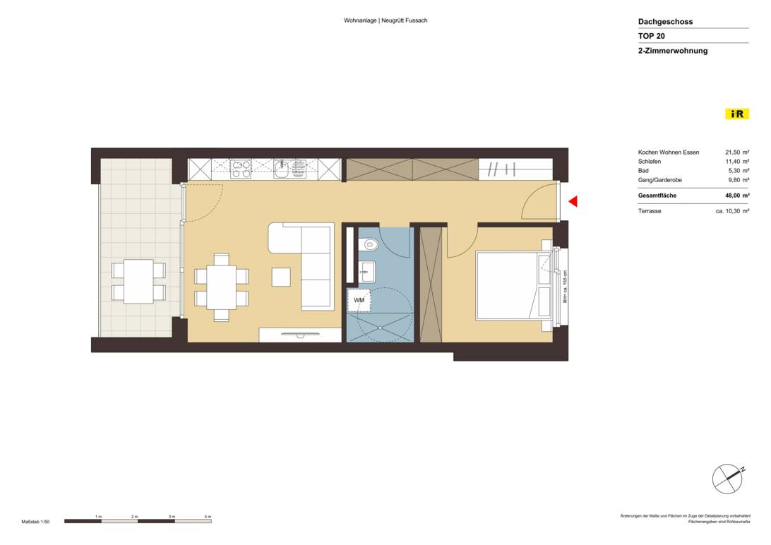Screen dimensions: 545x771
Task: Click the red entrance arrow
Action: [573, 202]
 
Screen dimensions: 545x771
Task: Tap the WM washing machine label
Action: [359, 300]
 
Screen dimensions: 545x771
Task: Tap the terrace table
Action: [138, 281]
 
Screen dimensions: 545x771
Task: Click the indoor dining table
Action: [221, 287]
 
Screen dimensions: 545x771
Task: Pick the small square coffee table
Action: [281, 277]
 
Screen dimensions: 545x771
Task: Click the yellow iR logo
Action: [736, 114]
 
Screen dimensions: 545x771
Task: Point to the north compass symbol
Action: [727, 479]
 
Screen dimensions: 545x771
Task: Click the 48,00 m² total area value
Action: [736, 196]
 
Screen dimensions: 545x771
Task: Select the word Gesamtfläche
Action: [658, 196]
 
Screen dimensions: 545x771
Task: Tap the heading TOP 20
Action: [651, 36]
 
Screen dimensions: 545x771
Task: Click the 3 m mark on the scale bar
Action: [172, 517]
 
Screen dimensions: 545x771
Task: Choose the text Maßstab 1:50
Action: [35, 522]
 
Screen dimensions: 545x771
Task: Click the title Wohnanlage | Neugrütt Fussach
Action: [385, 20]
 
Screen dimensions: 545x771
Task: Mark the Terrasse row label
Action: [650, 211]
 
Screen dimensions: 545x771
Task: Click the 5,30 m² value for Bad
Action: [736, 171]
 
